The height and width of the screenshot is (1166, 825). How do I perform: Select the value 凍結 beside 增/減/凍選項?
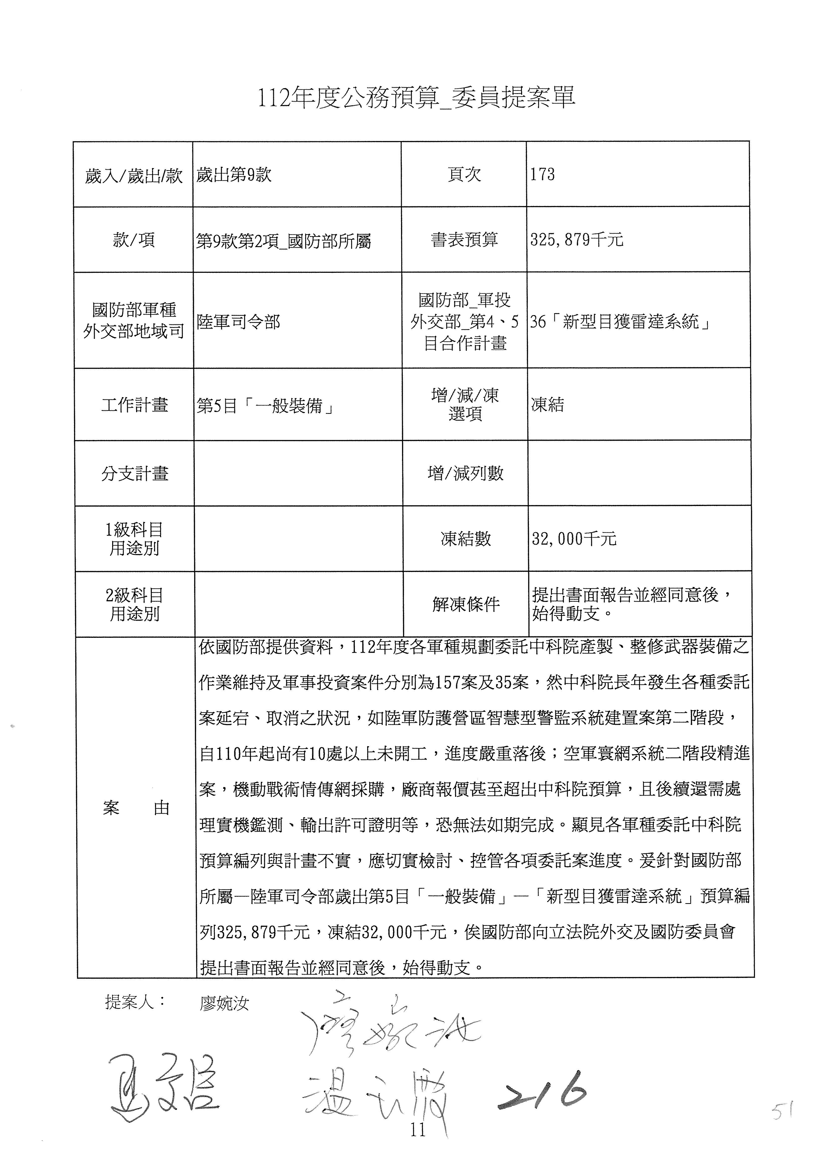[548, 405]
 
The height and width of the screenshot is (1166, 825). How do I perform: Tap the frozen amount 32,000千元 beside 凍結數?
[574, 538]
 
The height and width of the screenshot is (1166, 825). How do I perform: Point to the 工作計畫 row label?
[135, 405]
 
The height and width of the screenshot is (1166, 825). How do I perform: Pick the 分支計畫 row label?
[135, 473]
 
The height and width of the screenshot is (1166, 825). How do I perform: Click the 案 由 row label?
[136, 808]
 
